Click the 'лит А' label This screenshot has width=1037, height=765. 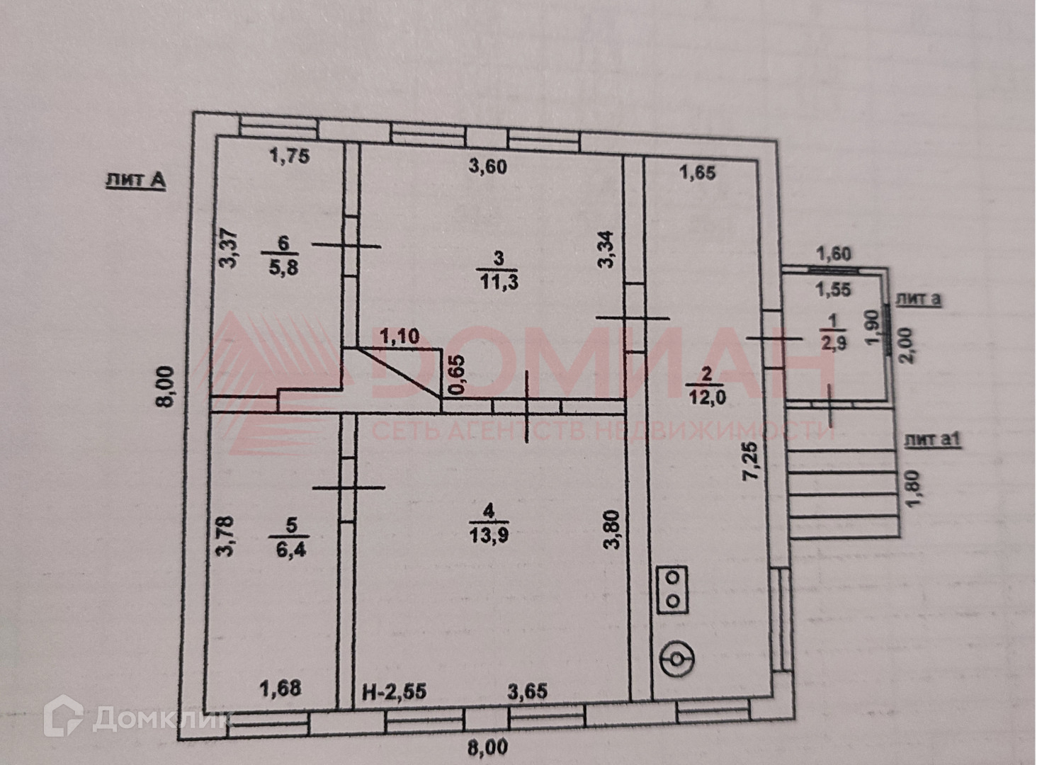coord(135,180)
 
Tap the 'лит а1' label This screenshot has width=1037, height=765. coord(932,440)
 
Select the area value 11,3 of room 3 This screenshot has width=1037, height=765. coord(499,282)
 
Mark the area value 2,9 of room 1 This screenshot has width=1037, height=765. coord(833,343)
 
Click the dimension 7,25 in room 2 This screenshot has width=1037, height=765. coord(752,461)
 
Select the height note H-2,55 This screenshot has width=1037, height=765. coord(395,691)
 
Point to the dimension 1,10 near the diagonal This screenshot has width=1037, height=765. coord(400,336)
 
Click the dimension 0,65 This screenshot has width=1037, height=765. coord(458,375)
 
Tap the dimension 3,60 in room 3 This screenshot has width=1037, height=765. coord(488,167)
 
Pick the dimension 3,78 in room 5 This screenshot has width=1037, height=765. coord(226,535)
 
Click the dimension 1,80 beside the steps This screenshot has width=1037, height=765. coord(914,489)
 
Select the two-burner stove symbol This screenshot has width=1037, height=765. coord(672,589)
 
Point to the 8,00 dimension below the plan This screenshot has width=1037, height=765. coord(488,747)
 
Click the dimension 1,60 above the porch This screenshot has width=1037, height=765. coord(834,254)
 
